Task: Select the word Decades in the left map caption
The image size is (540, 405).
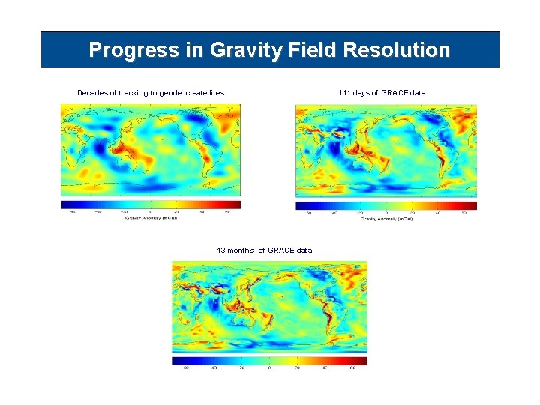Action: [x=94, y=93]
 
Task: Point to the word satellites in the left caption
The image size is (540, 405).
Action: [x=203, y=93]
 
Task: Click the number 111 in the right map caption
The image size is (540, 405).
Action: [x=344, y=93]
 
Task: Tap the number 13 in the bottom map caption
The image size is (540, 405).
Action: [x=221, y=250]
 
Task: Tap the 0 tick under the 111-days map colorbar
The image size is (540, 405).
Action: [x=386, y=212]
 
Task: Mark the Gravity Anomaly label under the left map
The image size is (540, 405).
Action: [x=151, y=218]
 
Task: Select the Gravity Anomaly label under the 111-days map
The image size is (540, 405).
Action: [x=387, y=219]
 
